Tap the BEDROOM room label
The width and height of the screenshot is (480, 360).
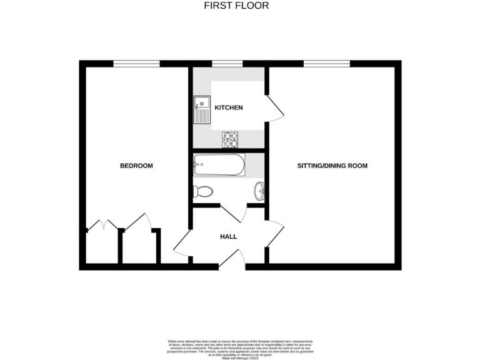pyautogui.click(x=136, y=166)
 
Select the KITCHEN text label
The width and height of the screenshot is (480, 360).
pyautogui.click(x=228, y=107)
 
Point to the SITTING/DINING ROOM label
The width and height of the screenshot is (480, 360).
pyautogui.click(x=331, y=166)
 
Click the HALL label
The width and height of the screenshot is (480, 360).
pyautogui.click(x=228, y=237)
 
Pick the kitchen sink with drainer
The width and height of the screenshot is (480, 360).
pyautogui.click(x=202, y=110)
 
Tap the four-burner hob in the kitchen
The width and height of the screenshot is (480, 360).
pyautogui.click(x=231, y=139)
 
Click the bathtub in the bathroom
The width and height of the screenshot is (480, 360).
pyautogui.click(x=219, y=165)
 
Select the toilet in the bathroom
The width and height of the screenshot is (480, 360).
pyautogui.click(x=202, y=191)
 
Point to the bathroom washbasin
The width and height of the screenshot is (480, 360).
pyautogui.click(x=259, y=191)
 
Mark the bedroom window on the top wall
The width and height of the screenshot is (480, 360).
pyautogui.click(x=136, y=63)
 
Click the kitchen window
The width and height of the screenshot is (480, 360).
pyautogui.click(x=227, y=63)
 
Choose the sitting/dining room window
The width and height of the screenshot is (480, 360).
pyautogui.click(x=326, y=63)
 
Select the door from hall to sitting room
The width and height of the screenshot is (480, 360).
pyautogui.click(x=275, y=234)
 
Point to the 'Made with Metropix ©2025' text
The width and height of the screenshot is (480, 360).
pyautogui.click(x=240, y=357)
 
